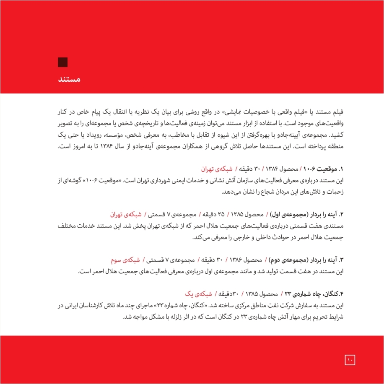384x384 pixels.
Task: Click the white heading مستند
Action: pos(68,79)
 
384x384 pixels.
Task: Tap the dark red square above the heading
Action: pos(63,62)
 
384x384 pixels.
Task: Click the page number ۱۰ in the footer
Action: pos(350,359)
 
